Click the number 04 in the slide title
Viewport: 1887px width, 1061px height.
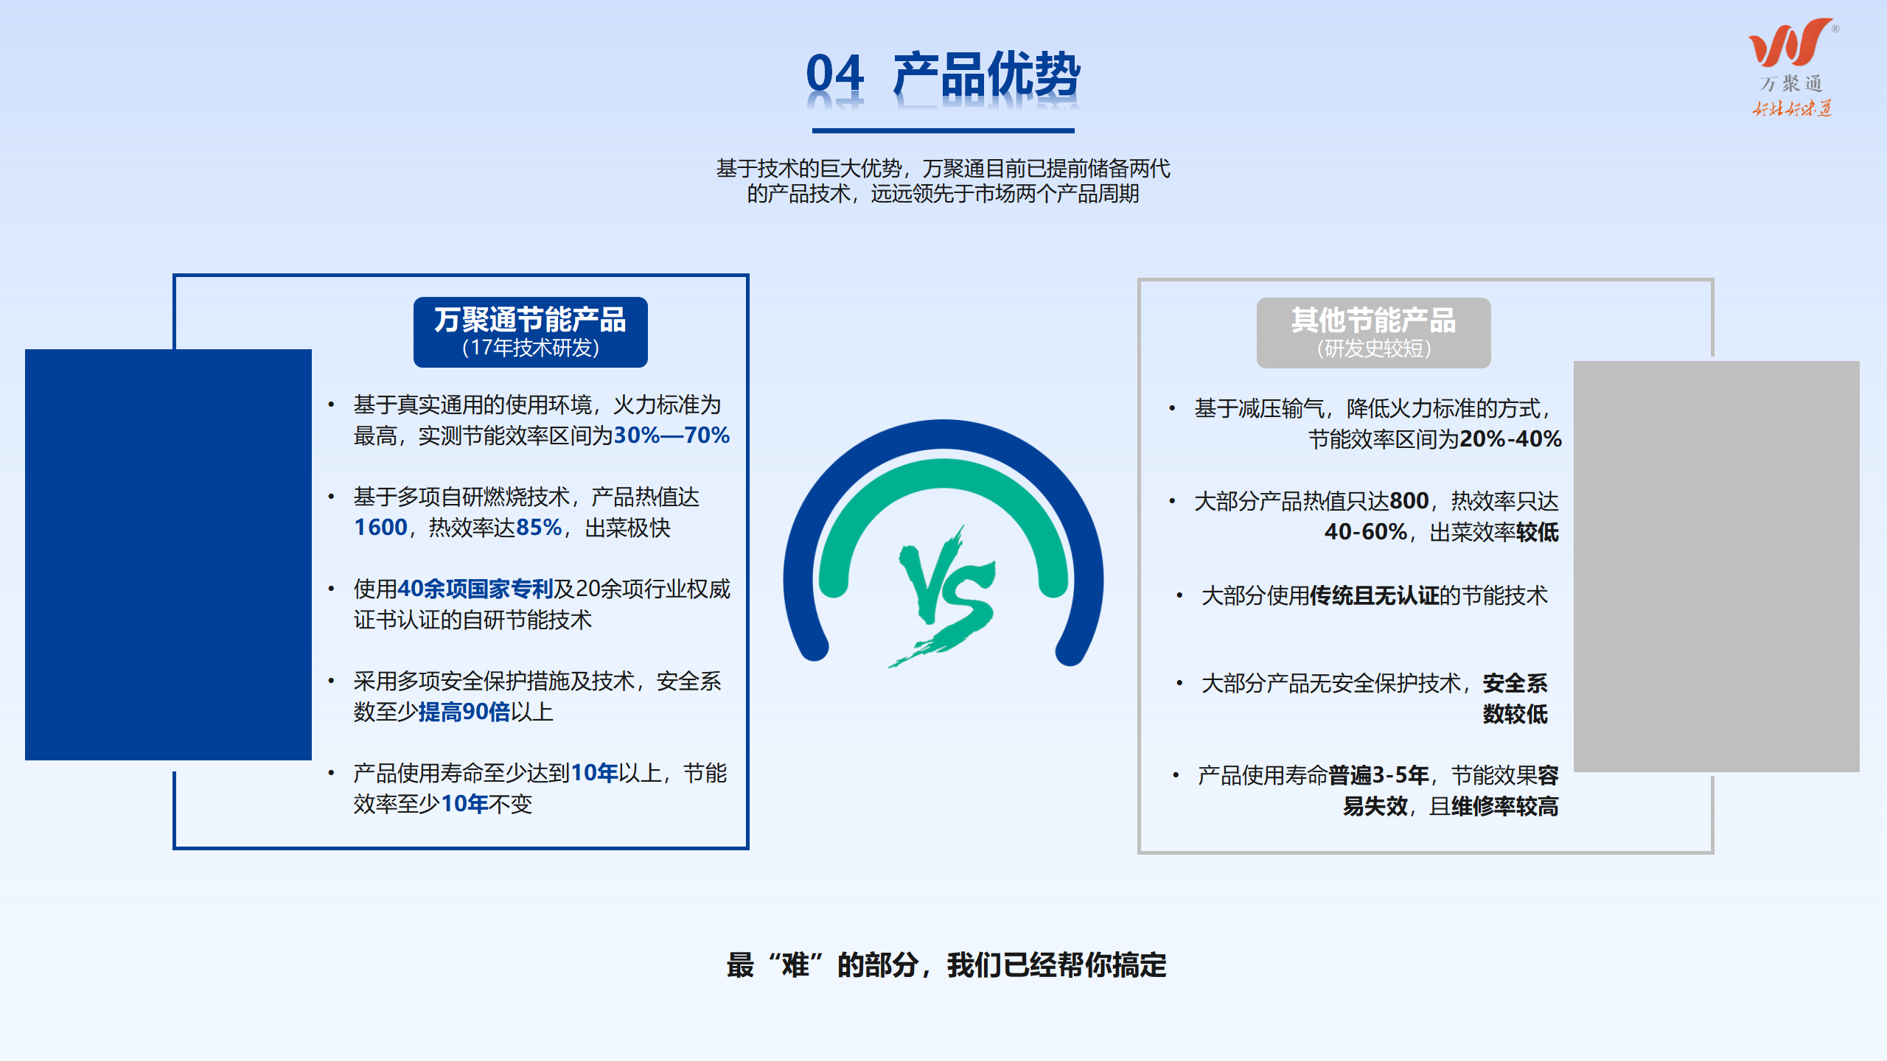coord(834,74)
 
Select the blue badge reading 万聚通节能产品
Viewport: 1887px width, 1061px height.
coord(531,332)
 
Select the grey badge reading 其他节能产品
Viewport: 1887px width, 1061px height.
coord(1373,332)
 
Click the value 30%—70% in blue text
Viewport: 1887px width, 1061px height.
coord(672,435)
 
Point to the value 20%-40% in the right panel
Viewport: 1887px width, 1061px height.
coord(1510,439)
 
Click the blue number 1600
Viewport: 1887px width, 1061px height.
coord(380,528)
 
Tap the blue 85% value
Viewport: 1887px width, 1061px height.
coord(539,528)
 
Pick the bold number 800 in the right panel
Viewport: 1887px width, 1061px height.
coord(1409,501)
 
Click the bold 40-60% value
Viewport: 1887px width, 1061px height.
coord(1366,532)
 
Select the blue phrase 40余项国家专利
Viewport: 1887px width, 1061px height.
coord(475,589)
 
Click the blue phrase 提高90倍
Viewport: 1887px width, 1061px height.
coord(464,712)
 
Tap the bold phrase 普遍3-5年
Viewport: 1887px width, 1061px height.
coord(1378,775)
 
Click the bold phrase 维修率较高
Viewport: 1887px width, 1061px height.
coord(1504,806)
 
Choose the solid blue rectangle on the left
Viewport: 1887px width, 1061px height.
coord(168,554)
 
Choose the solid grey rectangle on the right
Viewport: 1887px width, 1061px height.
coord(1716,566)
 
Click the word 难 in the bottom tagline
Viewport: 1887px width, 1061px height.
coord(795,964)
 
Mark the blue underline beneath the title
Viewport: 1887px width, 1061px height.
coord(943,130)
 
